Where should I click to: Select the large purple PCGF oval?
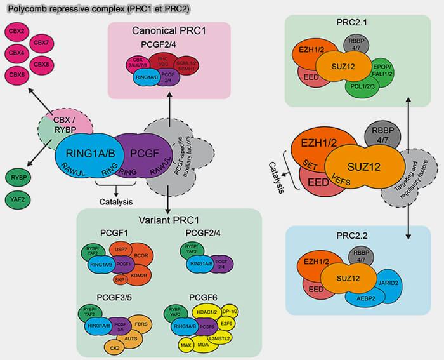pyautogui.click(x=145, y=154)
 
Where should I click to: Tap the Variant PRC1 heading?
pyautogui.click(x=168, y=218)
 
